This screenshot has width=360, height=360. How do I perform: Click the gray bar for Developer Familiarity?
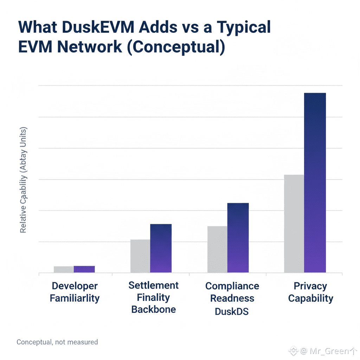click(x=64, y=269)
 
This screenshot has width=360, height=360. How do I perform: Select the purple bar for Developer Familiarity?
click(x=84, y=269)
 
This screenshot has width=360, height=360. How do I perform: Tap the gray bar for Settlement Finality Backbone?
click(x=140, y=256)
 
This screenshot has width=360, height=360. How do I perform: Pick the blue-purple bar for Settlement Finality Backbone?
click(x=161, y=248)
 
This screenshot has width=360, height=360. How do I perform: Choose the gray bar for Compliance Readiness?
click(x=217, y=249)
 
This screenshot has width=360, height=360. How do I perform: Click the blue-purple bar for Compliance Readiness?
click(x=238, y=238)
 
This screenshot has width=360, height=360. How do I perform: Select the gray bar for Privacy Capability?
click(x=294, y=224)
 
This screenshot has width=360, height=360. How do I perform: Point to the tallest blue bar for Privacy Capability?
click(x=315, y=183)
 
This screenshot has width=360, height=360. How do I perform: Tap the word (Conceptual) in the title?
click(x=176, y=47)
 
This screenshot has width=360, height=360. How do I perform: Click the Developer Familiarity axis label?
click(x=75, y=292)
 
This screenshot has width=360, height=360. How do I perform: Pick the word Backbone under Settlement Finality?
click(x=153, y=309)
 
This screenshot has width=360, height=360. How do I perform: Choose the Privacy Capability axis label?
click(x=310, y=292)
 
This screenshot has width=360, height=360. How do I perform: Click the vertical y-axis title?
click(x=23, y=180)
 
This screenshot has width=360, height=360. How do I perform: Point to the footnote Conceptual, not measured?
click(x=57, y=342)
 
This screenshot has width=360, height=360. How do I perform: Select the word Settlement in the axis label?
click(x=153, y=285)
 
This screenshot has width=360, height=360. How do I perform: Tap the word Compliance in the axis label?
click(x=232, y=286)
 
